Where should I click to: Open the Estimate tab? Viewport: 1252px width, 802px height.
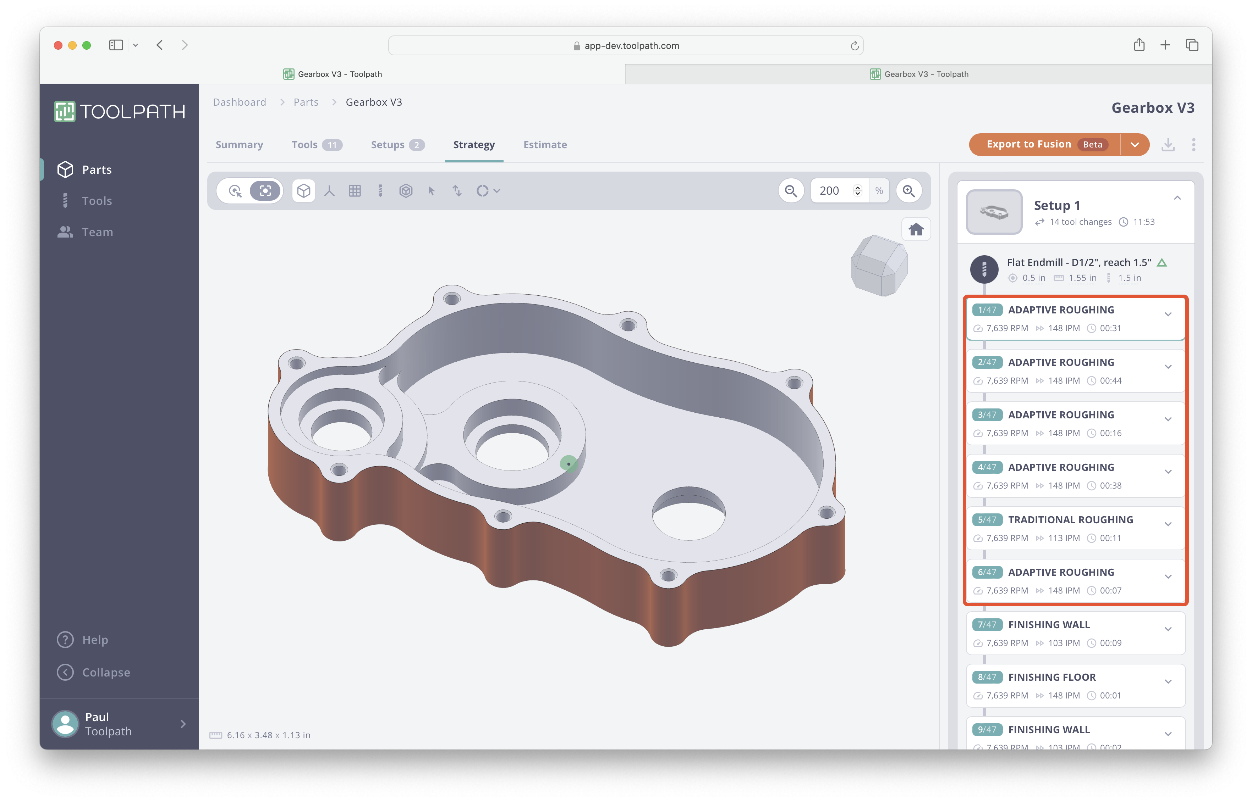coord(545,145)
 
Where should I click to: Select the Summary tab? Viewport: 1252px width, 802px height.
coord(239,145)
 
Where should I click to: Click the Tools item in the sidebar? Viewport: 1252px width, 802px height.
coord(97,201)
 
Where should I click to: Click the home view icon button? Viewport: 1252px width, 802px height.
coord(916,230)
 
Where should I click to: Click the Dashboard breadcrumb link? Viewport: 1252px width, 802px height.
coord(239,102)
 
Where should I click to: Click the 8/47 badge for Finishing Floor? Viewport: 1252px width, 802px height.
coord(987,677)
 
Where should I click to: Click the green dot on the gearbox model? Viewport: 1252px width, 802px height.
coord(568,463)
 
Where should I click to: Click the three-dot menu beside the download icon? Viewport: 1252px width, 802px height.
coord(1193,145)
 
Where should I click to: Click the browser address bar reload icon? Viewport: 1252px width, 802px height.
coord(854,46)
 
